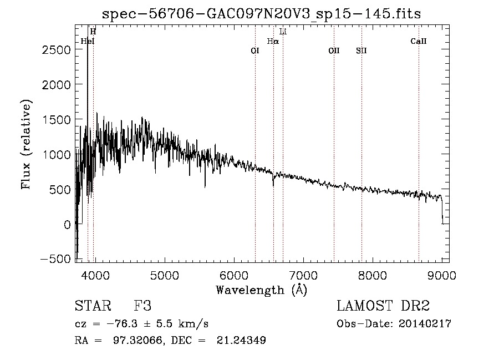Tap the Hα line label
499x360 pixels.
(273, 41)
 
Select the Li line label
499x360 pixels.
(283, 32)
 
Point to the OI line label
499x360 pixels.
(255, 50)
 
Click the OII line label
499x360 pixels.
(334, 50)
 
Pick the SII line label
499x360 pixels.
(361, 50)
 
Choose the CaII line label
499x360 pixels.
(419, 41)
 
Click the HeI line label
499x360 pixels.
(88, 41)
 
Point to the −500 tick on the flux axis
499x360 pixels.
(56, 259)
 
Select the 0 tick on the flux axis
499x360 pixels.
(67, 224)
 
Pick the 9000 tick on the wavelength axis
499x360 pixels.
(442, 275)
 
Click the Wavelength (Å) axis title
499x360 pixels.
(261, 290)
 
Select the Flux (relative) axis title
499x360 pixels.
(26, 144)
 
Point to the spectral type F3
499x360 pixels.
(142, 306)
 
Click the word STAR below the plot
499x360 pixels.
(90, 306)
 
